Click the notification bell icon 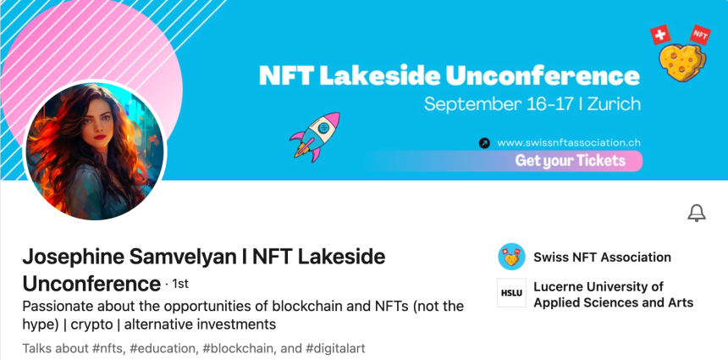697,213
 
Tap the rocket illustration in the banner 315,137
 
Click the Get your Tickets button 571,161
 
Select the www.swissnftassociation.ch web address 569,142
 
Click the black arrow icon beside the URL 484,143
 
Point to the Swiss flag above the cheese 660,35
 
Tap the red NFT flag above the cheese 700,35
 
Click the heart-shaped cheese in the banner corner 682,63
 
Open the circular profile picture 95,151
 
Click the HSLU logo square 511,292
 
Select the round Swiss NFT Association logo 511,257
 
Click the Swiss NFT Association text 602,257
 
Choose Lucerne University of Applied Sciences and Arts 614,295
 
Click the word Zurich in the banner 614,104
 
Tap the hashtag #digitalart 335,348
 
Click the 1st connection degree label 180,284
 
